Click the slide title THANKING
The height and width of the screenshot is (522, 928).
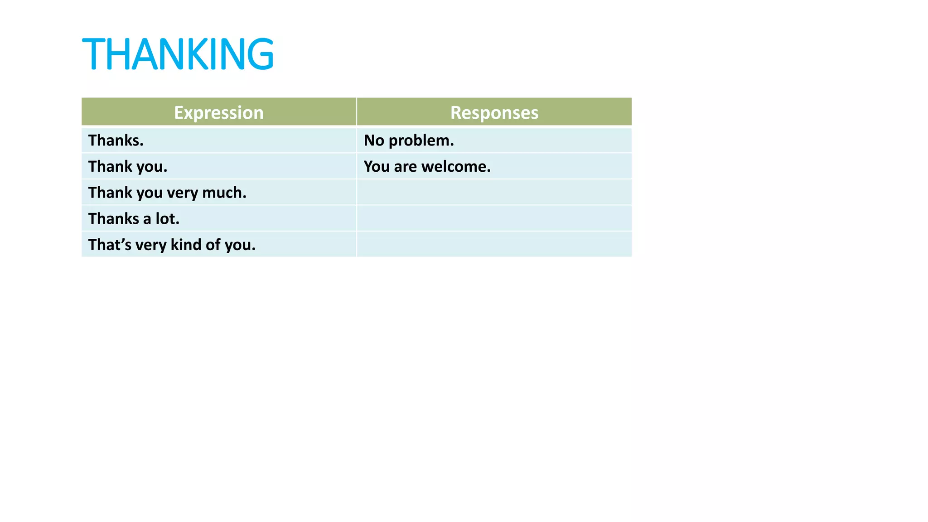pos(178,54)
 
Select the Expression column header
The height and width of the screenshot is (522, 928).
pos(219,112)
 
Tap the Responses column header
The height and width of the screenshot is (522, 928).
pos(494,112)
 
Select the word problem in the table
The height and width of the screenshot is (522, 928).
pos(421,140)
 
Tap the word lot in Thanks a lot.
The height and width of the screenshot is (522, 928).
pos(167,219)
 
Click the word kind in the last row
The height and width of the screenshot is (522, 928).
pos(186,245)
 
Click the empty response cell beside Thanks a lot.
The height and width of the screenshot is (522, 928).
pos(494,218)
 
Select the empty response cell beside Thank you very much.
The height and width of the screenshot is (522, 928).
pos(494,192)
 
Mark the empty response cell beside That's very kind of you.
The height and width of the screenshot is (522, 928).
pos(494,245)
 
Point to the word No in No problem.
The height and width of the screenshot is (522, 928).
pos(374,140)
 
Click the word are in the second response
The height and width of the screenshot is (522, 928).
pos(405,167)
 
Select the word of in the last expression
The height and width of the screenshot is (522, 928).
pos(213,245)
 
